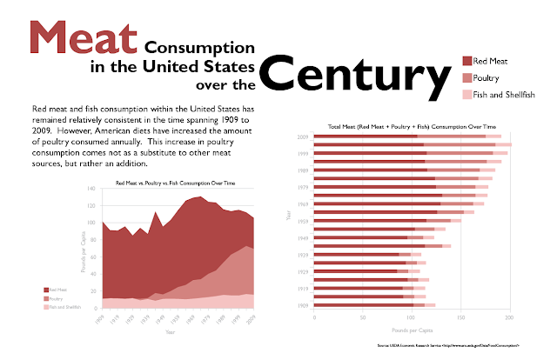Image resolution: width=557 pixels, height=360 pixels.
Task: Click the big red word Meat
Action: (84, 38)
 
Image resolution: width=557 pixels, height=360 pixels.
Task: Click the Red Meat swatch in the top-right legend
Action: (466, 61)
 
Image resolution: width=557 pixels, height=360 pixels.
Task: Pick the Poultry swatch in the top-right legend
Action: (466, 78)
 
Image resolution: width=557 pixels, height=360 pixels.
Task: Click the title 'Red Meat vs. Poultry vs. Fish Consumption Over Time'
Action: (180, 183)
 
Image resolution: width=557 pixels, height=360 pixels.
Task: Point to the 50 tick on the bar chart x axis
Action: (363, 318)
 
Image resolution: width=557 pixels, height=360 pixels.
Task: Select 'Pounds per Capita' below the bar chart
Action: (413, 330)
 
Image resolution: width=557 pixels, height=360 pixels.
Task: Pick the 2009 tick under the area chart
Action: (253, 320)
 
